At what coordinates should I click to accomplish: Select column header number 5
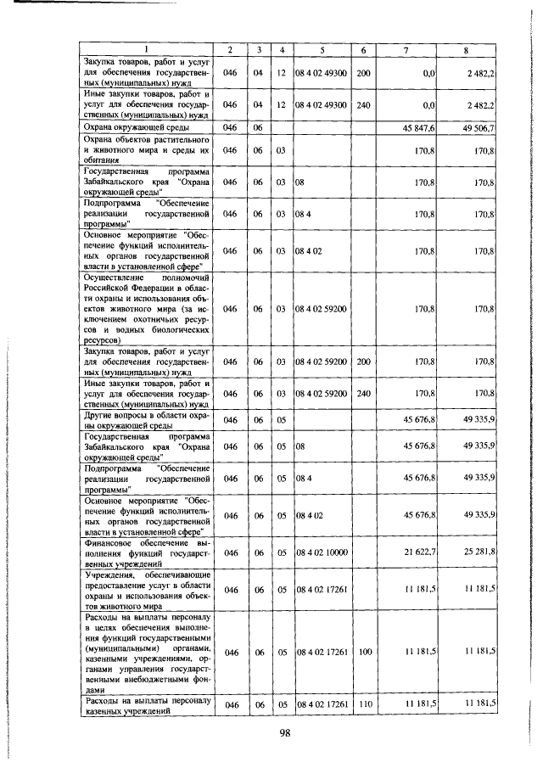[322, 50]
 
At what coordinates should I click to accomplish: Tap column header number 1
[145, 50]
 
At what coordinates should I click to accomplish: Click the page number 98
[284, 735]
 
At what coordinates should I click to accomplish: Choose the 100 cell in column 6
[364, 652]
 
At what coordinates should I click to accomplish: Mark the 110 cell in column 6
[364, 704]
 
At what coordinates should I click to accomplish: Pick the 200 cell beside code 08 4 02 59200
[364, 362]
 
